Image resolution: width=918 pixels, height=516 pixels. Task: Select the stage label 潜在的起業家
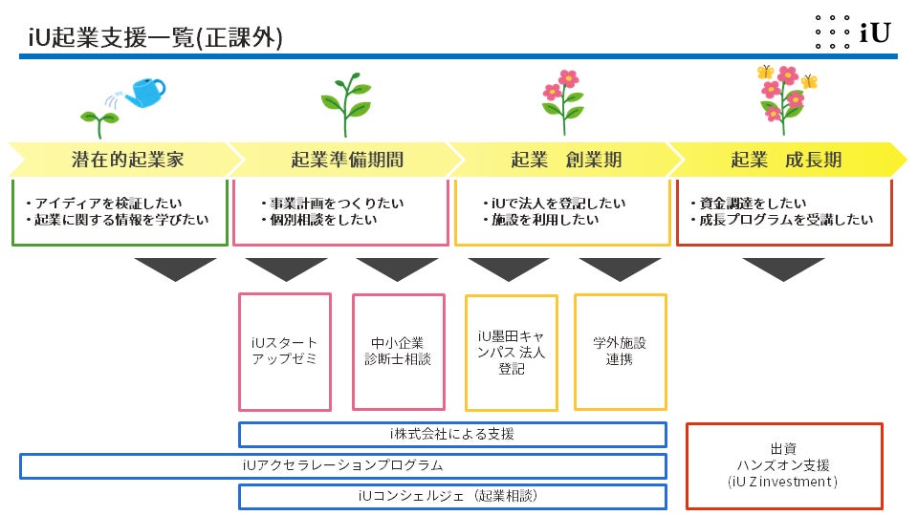pos(127,160)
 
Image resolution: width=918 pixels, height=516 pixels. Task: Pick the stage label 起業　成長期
pos(786,160)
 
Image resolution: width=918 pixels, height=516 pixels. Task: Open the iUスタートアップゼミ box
pos(284,352)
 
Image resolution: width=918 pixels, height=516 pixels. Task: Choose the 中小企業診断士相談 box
pos(398,352)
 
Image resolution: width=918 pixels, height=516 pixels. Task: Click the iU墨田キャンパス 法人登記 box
pos(512,352)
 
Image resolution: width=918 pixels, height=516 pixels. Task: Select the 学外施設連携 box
pos(620,351)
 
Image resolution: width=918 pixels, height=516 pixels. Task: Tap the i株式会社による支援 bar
pos(451,435)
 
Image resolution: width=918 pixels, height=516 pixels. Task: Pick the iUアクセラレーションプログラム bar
pos(343,466)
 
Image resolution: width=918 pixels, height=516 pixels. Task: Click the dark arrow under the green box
pos(176,269)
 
